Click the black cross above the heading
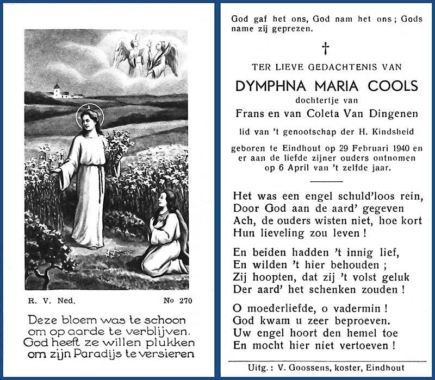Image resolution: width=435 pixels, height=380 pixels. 325,49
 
